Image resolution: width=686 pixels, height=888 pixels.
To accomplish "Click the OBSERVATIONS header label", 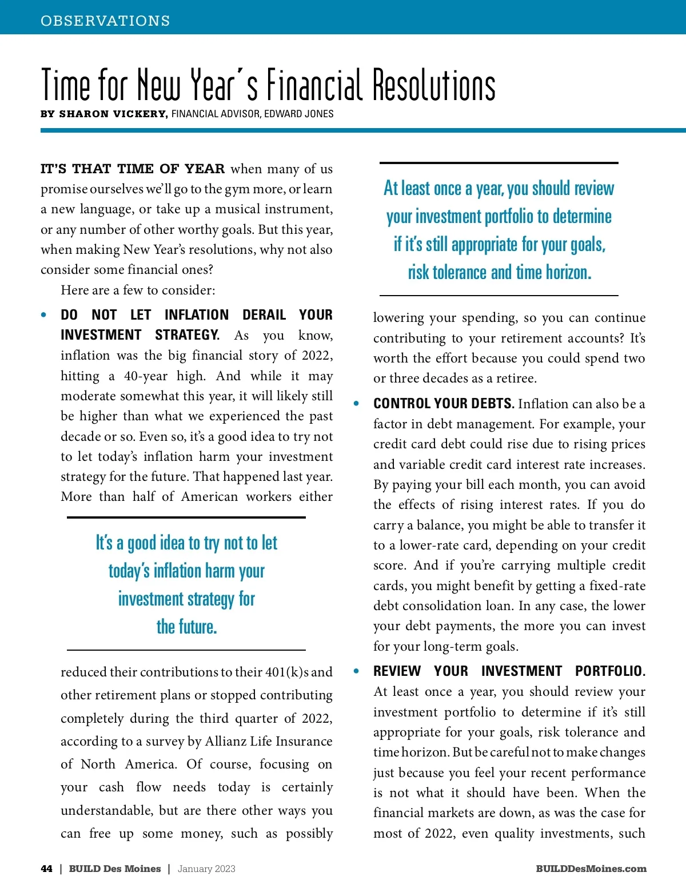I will [x=105, y=21].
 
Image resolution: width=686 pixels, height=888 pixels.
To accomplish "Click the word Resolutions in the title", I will [x=434, y=86].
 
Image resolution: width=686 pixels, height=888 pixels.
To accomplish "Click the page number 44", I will [x=47, y=869].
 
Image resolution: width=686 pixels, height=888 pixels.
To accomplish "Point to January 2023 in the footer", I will [x=206, y=869].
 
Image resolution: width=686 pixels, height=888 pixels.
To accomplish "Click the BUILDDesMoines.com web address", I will [x=591, y=869].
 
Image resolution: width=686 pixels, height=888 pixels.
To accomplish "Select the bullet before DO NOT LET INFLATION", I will [x=44, y=315].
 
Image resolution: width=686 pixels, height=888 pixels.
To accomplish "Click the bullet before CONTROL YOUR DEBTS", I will [x=357, y=404].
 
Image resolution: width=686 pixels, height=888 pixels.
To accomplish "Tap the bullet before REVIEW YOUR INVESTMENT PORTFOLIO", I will [x=357, y=671].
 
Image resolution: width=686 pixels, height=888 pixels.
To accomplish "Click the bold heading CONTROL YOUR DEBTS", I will [x=444, y=404].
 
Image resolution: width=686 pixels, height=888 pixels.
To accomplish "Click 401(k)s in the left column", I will [x=288, y=672].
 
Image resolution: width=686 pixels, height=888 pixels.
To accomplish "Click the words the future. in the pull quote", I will [x=187, y=627].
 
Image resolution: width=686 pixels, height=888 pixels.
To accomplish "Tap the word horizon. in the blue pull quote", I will [x=568, y=272].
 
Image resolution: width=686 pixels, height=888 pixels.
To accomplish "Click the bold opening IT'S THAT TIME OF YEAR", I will [x=133, y=169].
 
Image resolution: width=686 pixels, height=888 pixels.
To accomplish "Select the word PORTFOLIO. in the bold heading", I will [x=610, y=671].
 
